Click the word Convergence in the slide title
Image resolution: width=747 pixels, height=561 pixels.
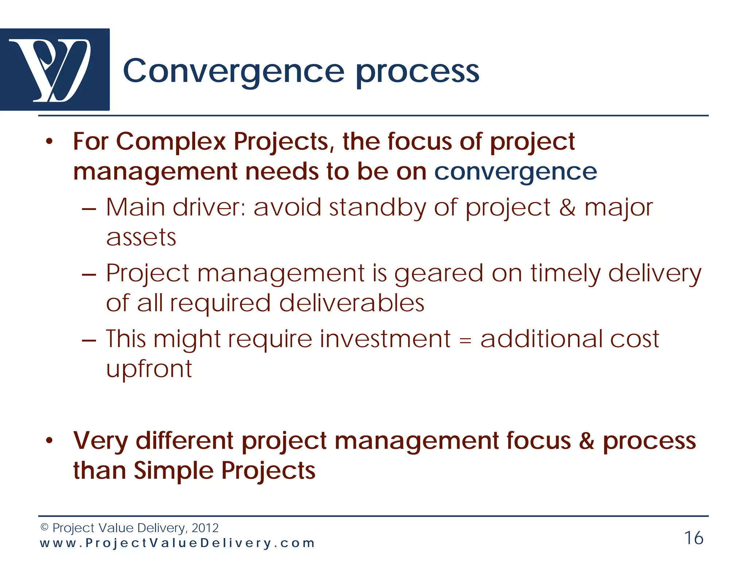[x=233, y=71]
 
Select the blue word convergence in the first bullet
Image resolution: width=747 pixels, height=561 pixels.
[x=515, y=172]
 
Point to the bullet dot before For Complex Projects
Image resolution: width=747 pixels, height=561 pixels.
[x=50, y=142]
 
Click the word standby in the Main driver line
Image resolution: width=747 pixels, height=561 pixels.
[x=377, y=207]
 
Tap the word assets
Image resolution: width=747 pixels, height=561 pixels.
[x=141, y=238]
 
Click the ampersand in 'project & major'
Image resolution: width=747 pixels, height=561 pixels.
[x=567, y=207]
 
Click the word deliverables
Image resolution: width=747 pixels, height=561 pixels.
[x=352, y=303]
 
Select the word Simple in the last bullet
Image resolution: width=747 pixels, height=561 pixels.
[x=173, y=470]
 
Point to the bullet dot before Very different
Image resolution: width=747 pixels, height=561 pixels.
[x=50, y=441]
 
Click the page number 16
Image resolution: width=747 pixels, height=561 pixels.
[x=693, y=538]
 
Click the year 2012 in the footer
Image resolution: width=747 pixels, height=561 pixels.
[x=205, y=528]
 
